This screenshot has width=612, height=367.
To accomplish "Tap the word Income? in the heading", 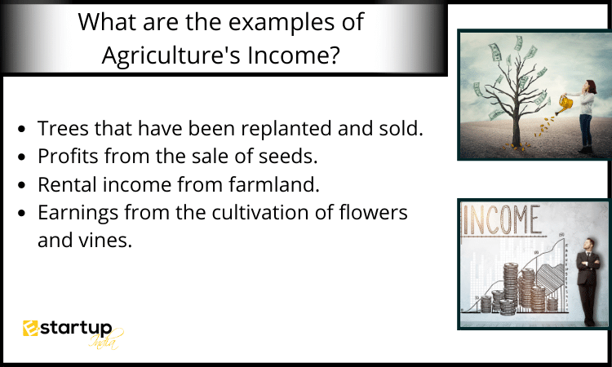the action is pos(294,55).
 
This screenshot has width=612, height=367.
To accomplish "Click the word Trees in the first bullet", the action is pos(63,128).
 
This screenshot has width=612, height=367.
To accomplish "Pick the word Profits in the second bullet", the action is pos(69,156).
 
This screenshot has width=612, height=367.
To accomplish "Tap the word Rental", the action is pos(67,184).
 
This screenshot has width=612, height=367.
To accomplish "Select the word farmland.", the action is pos(274,184).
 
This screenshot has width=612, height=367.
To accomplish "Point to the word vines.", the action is pos(105,241).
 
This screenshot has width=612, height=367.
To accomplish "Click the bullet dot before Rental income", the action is pos(22,185).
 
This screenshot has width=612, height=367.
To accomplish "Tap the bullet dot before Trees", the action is pos(22,129).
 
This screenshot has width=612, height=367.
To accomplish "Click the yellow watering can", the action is pos(565,104).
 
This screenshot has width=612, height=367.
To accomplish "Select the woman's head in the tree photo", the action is pos(590,86).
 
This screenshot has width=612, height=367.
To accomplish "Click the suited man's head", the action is pos(588,245).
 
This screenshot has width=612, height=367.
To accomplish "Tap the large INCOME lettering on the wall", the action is pos(502,219).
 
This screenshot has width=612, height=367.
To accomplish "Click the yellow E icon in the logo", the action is pos(30,328).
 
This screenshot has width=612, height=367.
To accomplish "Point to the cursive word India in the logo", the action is pos(104,341).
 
